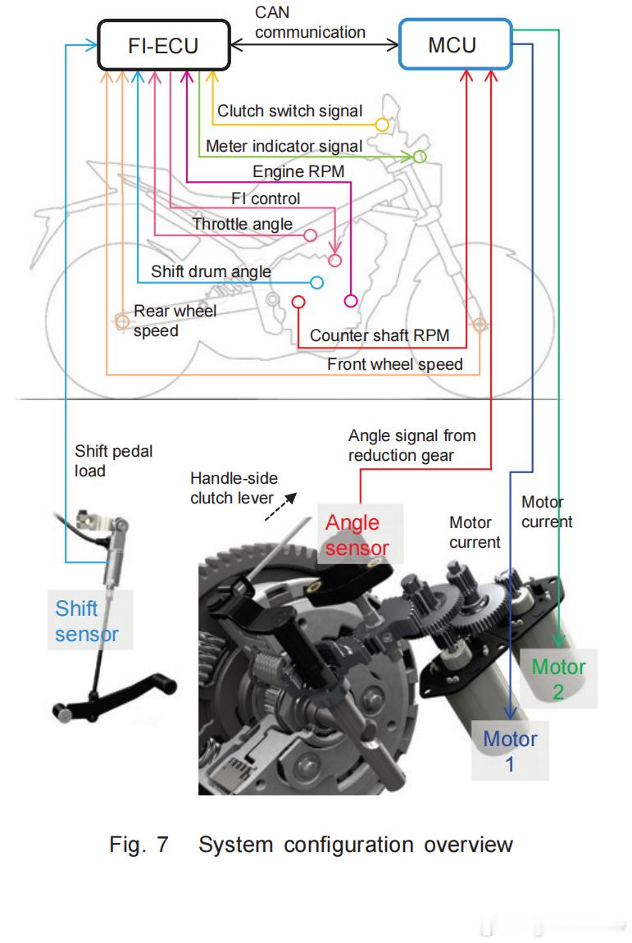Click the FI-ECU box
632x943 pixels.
click(162, 44)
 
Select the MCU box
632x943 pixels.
click(452, 44)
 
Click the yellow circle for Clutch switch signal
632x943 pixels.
click(381, 125)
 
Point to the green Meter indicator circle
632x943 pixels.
click(419, 157)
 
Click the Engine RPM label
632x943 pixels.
click(298, 171)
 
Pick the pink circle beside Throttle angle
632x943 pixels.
click(311, 236)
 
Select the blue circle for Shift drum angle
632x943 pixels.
click(316, 282)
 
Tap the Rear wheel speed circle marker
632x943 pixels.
click(120, 322)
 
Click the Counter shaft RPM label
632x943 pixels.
click(380, 335)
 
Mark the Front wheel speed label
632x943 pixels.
click(395, 364)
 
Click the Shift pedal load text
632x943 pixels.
click(113, 461)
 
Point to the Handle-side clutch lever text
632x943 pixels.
click(234, 488)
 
